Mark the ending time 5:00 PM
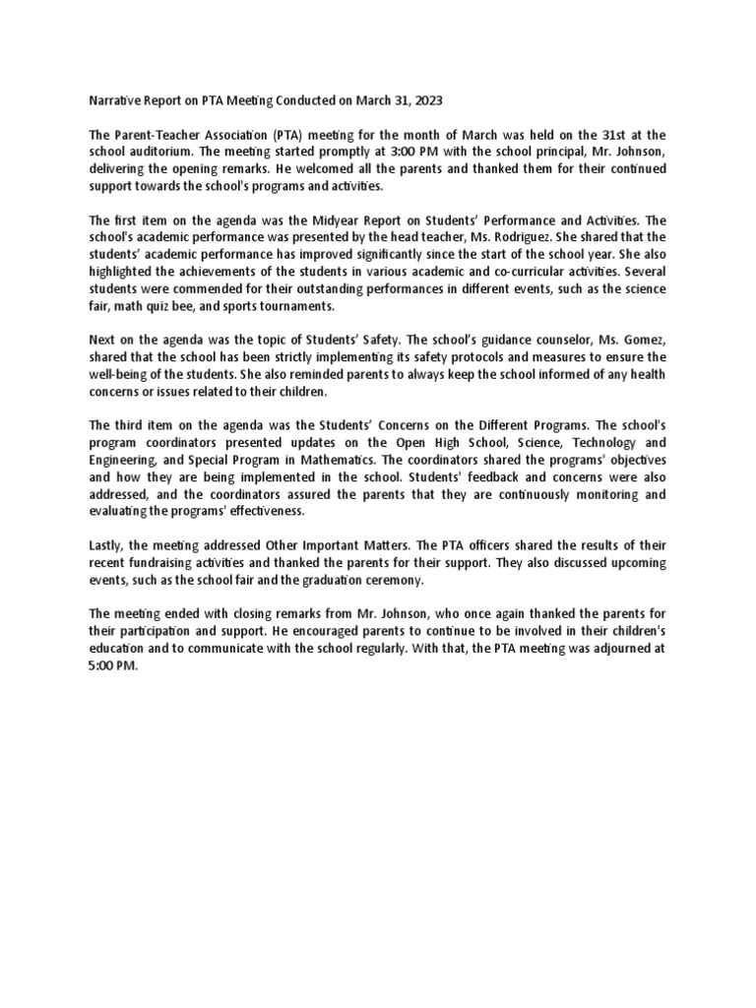click(113, 664)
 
